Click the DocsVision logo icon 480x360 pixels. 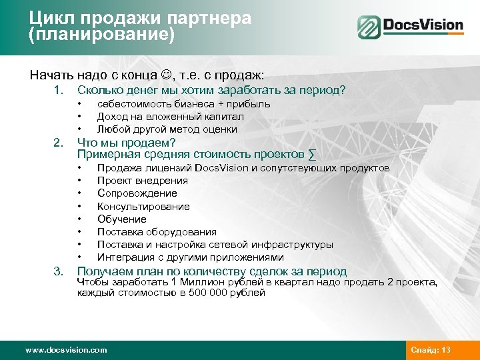[x=368, y=27]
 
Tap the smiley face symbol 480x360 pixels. [x=163, y=74]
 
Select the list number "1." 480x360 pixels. [x=59, y=90]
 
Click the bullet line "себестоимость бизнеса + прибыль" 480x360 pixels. [x=183, y=104]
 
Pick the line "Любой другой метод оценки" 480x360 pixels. [x=167, y=129]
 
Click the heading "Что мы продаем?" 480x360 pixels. [x=126, y=143]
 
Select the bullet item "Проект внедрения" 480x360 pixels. [x=142, y=181]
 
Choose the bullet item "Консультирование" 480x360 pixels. [x=143, y=207]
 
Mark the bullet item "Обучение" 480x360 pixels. [x=121, y=219]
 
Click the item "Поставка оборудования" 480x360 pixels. [x=157, y=232]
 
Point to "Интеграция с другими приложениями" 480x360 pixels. [x=190, y=257]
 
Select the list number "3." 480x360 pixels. [x=59, y=271]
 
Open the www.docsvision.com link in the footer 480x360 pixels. [x=65, y=350]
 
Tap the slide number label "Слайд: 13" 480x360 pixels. [x=431, y=350]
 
